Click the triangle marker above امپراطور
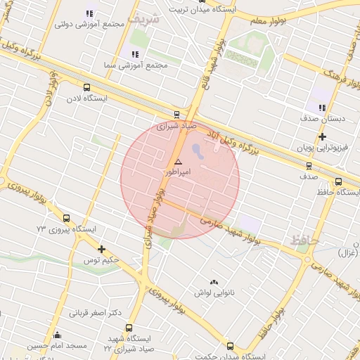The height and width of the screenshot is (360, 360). [177, 162]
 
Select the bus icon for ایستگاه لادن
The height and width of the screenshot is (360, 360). [86, 88]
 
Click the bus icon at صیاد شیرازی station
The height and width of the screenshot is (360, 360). [176, 115]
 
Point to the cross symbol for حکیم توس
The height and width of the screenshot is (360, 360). [102, 249]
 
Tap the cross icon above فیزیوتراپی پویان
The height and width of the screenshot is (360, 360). [322, 136]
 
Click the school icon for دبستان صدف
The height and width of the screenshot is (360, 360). [322, 108]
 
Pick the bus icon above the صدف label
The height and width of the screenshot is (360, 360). [309, 166]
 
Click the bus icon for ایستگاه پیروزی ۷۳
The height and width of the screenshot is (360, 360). [66, 218]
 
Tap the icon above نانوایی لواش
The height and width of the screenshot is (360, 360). [214, 281]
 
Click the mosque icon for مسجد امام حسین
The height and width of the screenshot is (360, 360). [57, 335]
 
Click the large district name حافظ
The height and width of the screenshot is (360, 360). [305, 241]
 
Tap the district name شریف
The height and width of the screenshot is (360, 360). [145, 19]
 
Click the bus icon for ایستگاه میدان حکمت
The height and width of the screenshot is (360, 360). [230, 345]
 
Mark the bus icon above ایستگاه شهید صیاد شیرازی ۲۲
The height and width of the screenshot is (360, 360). [128, 328]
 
